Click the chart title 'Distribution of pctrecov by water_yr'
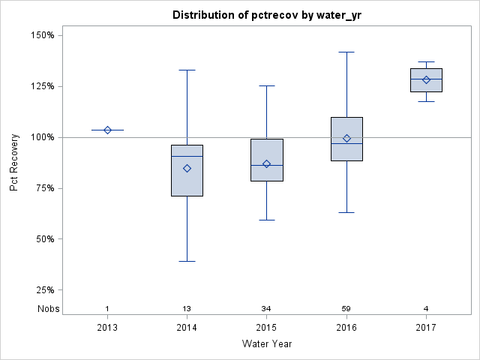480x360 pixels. click(x=261, y=15)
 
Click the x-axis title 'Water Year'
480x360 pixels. click(x=266, y=343)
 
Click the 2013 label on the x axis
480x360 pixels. click(x=107, y=328)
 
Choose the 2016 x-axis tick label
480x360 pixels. click(x=346, y=328)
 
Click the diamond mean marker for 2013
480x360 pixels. click(x=107, y=130)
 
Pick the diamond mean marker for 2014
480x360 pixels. click(x=187, y=168)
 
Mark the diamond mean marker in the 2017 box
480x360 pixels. click(x=426, y=79)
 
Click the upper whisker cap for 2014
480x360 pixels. click(x=187, y=70)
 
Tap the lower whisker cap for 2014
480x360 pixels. click(x=187, y=261)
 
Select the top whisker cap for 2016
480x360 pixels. click(x=346, y=52)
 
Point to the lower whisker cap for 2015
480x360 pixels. click(x=267, y=220)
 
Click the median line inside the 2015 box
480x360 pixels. click(x=267, y=165)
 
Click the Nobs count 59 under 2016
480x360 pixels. click(x=346, y=309)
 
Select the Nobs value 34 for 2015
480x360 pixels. click(x=267, y=309)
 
